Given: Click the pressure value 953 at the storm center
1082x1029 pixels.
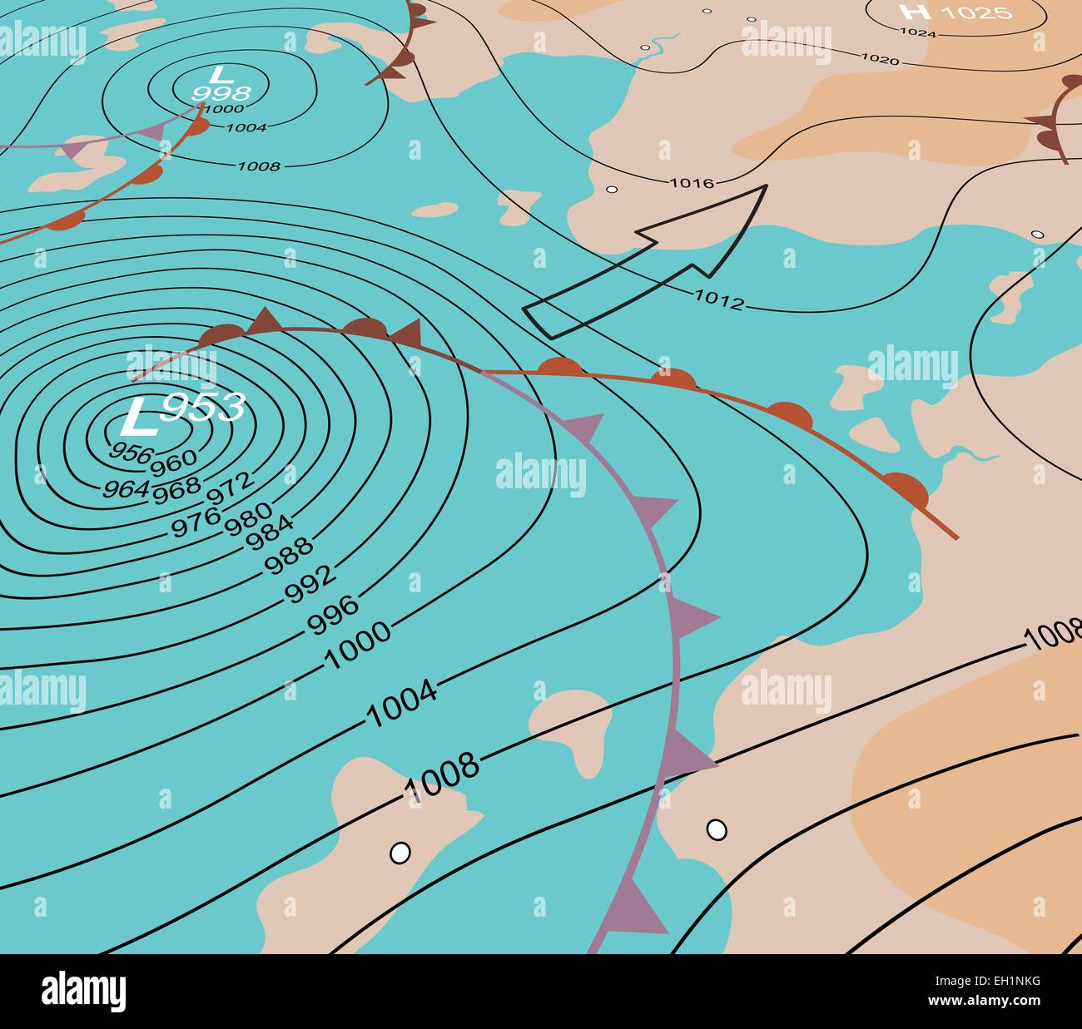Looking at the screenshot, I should [203, 408].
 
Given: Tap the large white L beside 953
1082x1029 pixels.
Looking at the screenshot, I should [138, 418].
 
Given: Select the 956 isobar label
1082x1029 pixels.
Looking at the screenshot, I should [131, 453].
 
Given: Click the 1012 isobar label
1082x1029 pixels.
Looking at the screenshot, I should [718, 299].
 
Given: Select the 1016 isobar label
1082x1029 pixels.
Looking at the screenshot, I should [692, 183].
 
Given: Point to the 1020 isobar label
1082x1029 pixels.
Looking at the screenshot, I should [880, 59].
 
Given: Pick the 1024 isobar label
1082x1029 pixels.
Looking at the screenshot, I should [918, 33].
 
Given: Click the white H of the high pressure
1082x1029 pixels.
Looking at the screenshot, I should [915, 12].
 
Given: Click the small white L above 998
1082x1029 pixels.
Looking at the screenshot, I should [218, 73].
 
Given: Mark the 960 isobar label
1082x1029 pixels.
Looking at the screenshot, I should [174, 458].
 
